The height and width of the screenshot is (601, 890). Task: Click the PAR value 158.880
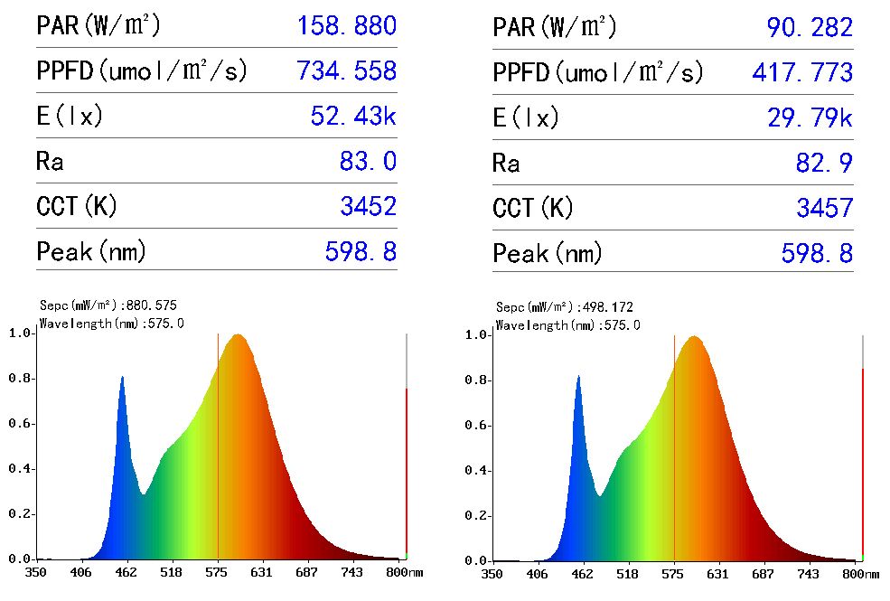346,26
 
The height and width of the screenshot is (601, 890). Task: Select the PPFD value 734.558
346,71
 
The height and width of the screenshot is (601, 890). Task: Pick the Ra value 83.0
367,162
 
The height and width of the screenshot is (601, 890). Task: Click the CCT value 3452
368,207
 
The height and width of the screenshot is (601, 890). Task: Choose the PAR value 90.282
810,28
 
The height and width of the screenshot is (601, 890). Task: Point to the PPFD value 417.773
802,72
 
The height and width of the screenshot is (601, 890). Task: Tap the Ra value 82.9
823,163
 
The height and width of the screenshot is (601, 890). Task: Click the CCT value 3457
824,208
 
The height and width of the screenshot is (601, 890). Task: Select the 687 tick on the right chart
764,574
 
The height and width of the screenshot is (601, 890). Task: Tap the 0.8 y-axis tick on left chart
20,379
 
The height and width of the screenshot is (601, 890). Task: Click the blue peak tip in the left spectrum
122,377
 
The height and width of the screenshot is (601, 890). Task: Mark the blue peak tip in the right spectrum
578,377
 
